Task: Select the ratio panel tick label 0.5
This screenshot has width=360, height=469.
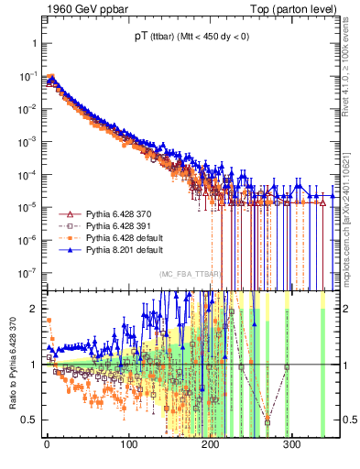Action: click(29, 420)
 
